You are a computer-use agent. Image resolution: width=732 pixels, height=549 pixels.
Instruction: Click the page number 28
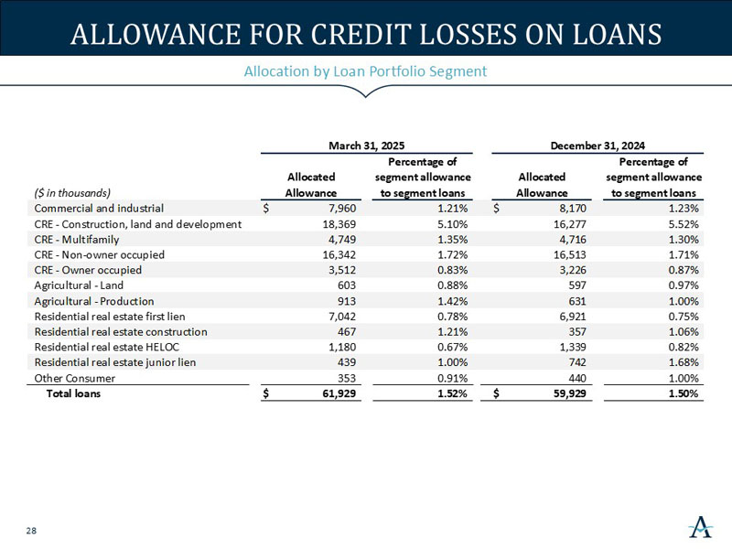coord(31,531)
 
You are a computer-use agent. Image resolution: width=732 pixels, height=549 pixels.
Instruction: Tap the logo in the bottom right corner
coord(700,528)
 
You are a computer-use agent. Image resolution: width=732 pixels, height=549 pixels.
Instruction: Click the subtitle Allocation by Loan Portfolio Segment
coord(365,71)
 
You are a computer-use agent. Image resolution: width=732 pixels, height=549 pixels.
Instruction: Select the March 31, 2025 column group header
coord(366,145)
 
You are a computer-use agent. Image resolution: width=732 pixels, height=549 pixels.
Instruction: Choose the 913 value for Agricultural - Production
coord(342,301)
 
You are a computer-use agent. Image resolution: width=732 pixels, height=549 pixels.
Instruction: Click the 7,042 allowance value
coord(338,317)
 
